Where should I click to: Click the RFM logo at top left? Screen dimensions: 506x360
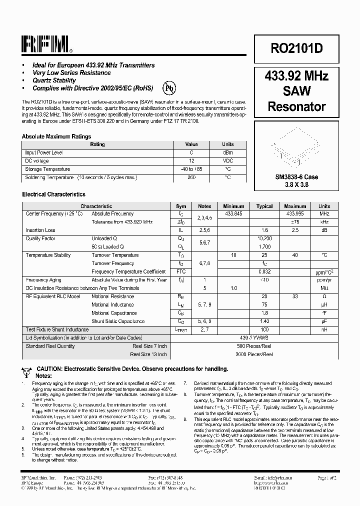[46, 44]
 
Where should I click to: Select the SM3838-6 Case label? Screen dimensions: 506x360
[296, 177]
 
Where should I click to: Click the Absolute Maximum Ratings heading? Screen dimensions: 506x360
[56, 136]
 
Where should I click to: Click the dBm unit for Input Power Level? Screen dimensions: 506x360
[228, 152]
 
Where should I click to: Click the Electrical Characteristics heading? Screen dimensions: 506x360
[53, 194]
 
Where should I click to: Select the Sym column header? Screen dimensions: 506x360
[181, 206]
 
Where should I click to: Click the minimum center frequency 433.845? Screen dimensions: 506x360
[233, 213]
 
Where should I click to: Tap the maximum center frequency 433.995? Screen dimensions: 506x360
[295, 213]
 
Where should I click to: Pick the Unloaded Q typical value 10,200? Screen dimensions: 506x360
[264, 238]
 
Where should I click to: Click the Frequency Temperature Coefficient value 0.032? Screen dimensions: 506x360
[264, 271]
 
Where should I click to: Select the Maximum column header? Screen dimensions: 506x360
[295, 206]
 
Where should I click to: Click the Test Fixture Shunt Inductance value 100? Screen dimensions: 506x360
[264, 329]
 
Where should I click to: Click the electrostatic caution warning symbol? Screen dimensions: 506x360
[27, 370]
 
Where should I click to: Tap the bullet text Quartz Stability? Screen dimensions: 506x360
[54, 80]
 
